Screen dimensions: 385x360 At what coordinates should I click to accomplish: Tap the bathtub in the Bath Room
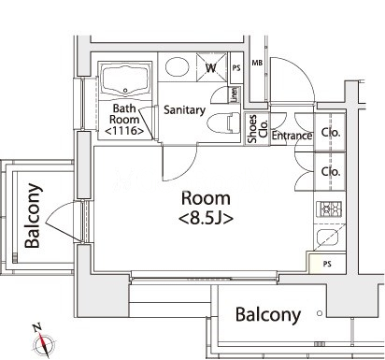tap(124, 80)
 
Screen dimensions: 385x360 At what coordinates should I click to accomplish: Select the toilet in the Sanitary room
tap(224, 123)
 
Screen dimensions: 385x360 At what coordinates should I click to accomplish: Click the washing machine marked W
tap(211, 67)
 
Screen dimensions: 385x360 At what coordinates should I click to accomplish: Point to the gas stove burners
tap(329, 209)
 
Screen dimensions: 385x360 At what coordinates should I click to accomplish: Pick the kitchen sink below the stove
tap(327, 238)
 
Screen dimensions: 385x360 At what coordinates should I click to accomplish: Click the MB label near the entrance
tap(257, 63)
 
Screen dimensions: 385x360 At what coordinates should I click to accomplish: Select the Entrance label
tap(292, 136)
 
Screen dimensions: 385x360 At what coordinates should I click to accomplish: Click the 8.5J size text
tap(206, 219)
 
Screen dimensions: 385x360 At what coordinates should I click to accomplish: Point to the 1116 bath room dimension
tap(124, 131)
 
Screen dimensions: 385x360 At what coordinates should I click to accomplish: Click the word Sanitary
tap(184, 110)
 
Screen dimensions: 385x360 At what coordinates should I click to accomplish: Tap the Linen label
tap(234, 94)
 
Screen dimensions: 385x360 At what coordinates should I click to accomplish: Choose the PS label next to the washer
tap(236, 67)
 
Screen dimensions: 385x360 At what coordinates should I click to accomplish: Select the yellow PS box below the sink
tap(327, 264)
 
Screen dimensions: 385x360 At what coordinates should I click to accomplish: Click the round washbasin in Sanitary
tap(178, 67)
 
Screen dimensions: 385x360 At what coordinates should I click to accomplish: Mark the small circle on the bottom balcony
tap(320, 313)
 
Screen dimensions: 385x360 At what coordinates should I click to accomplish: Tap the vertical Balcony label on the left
tap(33, 216)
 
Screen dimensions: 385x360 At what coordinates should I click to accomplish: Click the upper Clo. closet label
tap(331, 133)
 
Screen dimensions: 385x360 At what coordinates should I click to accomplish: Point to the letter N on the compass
tap(37, 327)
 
